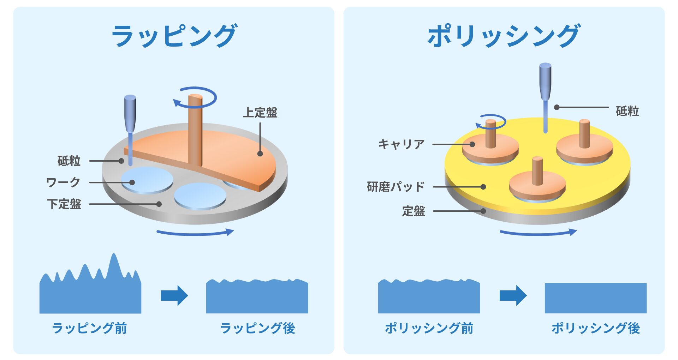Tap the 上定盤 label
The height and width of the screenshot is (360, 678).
[260, 113]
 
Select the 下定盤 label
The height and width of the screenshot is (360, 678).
[64, 204]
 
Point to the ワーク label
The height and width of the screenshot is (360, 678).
[63, 182]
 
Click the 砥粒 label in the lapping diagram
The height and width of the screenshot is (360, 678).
[69, 161]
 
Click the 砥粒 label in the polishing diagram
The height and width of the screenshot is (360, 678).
[627, 111]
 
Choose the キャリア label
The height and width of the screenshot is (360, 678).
[401, 144]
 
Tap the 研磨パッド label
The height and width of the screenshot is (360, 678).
[396, 187]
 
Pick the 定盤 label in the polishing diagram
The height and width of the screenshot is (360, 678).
[414, 211]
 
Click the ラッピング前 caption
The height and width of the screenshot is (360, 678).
[89, 328]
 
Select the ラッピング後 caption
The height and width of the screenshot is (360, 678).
[257, 328]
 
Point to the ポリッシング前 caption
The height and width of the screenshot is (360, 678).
[429, 328]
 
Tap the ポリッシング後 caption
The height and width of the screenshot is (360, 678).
[596, 328]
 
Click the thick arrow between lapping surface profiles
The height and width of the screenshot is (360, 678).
[174, 295]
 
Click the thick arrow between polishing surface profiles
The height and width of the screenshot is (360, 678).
[513, 295]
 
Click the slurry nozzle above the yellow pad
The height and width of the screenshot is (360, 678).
[545, 81]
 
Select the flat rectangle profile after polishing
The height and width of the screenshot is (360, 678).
[595, 298]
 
